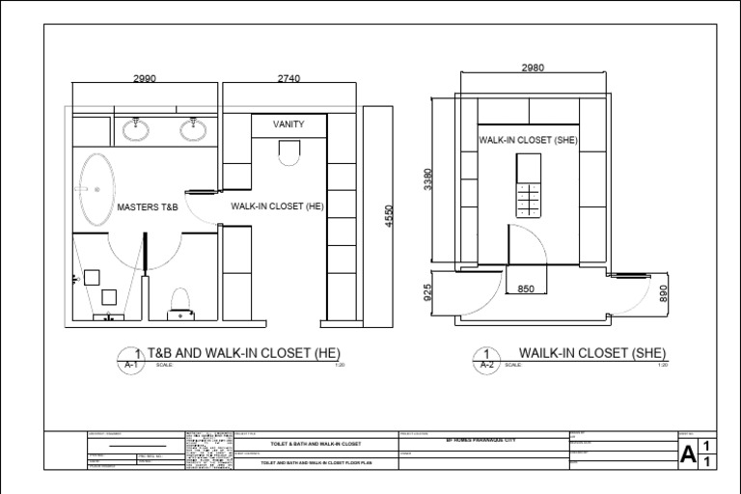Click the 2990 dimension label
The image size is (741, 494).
[145, 79]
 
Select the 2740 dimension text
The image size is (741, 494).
[288, 79]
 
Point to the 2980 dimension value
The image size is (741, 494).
[534, 68]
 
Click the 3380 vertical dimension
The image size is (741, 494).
[428, 180]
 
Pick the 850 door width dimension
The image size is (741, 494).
[526, 288]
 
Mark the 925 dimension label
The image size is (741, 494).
[428, 292]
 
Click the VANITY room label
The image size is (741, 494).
[288, 124]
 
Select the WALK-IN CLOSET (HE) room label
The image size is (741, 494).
[276, 206]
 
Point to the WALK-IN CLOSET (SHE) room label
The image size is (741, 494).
[528, 140]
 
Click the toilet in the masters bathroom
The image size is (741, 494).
[179, 303]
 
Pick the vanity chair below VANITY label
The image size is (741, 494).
[288, 152]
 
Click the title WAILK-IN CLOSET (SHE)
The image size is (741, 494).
[592, 352]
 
